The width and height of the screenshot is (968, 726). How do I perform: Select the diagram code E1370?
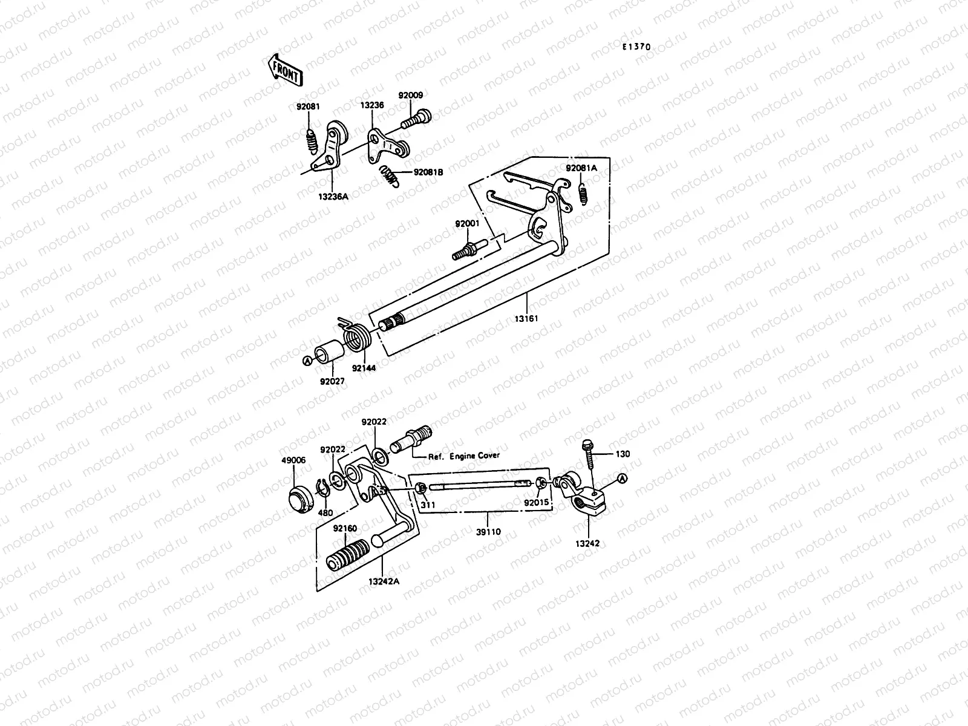pyautogui.click(x=638, y=46)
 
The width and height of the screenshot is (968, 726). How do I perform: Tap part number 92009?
pyautogui.click(x=410, y=95)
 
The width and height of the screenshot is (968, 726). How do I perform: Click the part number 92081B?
pyautogui.click(x=428, y=172)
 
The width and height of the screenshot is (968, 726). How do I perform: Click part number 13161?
pyautogui.click(x=526, y=318)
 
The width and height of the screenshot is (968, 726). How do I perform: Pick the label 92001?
pyautogui.click(x=467, y=223)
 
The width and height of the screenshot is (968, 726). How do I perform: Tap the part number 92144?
pyautogui.click(x=362, y=367)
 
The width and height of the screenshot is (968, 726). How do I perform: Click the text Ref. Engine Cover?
pyautogui.click(x=464, y=456)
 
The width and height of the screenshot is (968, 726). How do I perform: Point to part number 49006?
pyautogui.click(x=293, y=460)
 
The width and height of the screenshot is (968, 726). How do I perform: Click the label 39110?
pyautogui.click(x=488, y=532)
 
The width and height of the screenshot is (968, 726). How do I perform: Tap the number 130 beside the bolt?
pyautogui.click(x=623, y=454)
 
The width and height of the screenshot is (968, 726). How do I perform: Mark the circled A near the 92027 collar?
pyautogui.click(x=307, y=361)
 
